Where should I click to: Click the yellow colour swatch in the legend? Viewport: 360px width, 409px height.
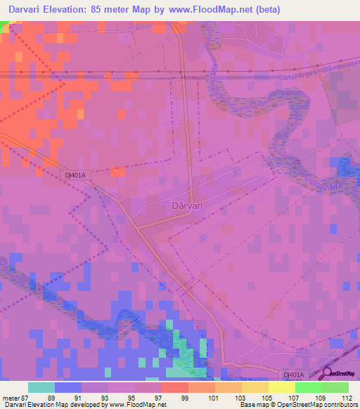point(281,387)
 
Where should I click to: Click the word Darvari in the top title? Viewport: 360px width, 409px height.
point(23,9)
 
